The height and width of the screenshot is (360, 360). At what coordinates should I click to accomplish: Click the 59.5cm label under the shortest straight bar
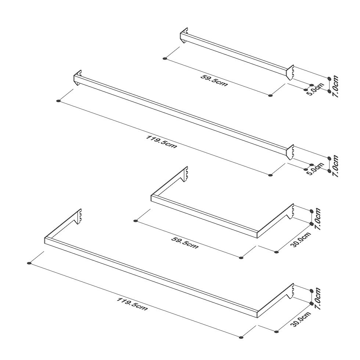tap(214, 80)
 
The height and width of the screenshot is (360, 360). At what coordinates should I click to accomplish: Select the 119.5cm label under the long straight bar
tap(162, 142)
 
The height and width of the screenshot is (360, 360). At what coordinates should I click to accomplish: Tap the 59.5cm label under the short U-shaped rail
tap(185, 243)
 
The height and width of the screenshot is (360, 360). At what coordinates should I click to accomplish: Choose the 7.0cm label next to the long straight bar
tap(335, 166)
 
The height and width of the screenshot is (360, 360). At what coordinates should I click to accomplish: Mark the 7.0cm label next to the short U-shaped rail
tap(318, 219)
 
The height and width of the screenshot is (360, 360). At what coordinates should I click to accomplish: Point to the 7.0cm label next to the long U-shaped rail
tap(318, 299)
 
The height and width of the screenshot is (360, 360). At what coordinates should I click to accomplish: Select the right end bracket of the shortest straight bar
tap(291, 72)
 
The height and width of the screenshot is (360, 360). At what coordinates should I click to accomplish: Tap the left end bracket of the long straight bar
tap(78, 78)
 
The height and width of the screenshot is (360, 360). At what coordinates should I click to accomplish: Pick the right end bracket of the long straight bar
tap(291, 152)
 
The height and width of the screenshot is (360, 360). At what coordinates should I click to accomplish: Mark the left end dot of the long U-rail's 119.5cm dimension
tap(29, 263)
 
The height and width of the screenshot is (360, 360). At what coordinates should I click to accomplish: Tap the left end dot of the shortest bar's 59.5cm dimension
tap(165, 58)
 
